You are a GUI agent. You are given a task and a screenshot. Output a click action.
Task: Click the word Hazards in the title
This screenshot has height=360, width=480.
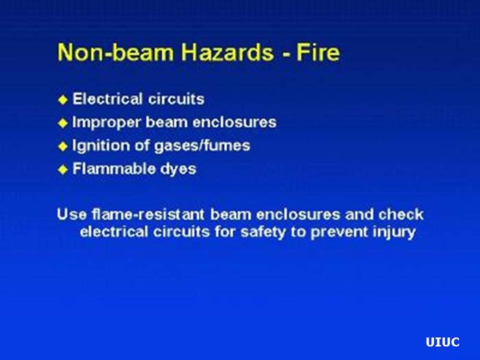point(208,52)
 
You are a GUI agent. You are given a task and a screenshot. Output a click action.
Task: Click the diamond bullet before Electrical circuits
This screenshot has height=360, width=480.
point(63,99)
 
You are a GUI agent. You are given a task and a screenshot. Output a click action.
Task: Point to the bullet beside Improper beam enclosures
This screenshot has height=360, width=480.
point(63,123)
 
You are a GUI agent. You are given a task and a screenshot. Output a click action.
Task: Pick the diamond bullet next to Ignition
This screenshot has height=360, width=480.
point(63,146)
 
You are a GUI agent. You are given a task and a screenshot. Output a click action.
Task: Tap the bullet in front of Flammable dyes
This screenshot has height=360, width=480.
point(63,169)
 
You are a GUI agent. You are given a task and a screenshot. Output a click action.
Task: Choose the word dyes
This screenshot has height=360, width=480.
point(178,169)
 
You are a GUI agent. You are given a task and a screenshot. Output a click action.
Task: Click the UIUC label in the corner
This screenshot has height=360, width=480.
point(442,342)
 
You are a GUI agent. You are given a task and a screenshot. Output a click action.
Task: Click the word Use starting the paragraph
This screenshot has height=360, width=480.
point(71,214)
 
